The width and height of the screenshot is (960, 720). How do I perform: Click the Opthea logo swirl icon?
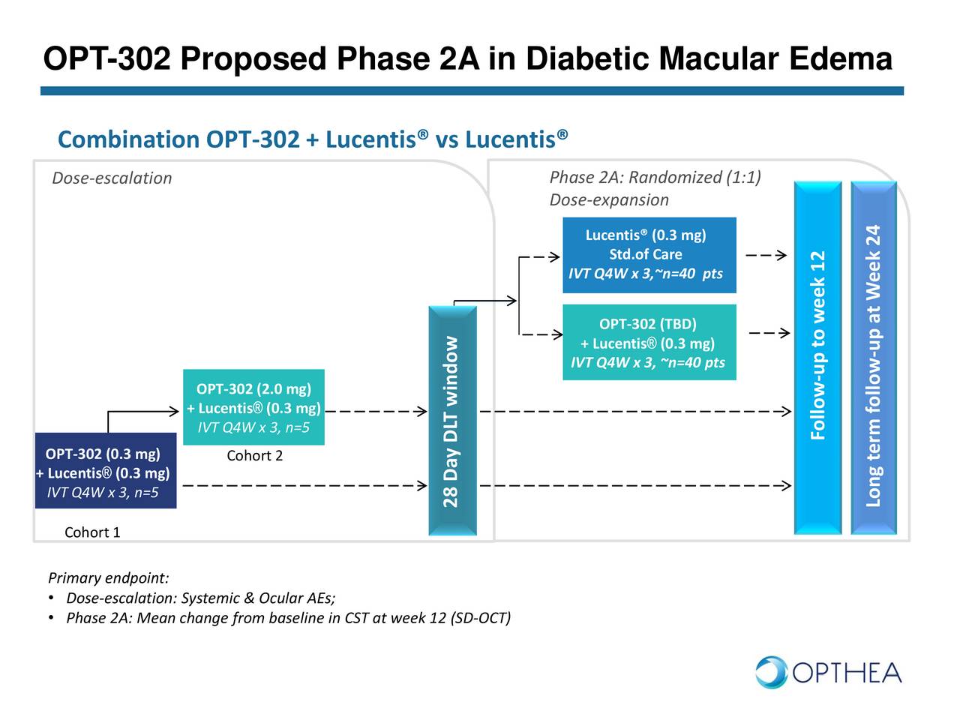coord(771,672)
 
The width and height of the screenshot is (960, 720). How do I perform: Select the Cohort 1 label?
coord(92,532)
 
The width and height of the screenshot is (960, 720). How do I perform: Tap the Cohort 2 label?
coord(254,456)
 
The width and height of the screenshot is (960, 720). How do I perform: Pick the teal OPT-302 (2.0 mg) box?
coord(253,407)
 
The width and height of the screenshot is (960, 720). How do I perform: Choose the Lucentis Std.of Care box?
coord(649,255)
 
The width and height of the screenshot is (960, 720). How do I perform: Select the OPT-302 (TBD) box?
coord(649,343)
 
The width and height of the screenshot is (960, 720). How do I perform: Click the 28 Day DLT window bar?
coord(452,421)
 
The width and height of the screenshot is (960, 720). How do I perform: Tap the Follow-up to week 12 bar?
coord(817,358)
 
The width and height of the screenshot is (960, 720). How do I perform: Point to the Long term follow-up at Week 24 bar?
coord(874,358)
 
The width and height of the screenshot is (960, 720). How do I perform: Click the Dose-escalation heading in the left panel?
coord(112,178)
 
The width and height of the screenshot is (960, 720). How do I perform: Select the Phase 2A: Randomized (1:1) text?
coord(655,178)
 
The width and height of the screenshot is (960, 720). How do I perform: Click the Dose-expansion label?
coord(609,200)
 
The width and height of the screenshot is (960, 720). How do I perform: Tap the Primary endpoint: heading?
coord(109,578)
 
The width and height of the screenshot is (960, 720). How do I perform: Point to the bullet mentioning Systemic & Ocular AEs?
coord(200,598)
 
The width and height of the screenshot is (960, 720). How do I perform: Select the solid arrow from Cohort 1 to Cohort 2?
coord(142,412)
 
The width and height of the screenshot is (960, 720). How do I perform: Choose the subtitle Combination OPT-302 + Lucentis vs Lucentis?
coord(313,139)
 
